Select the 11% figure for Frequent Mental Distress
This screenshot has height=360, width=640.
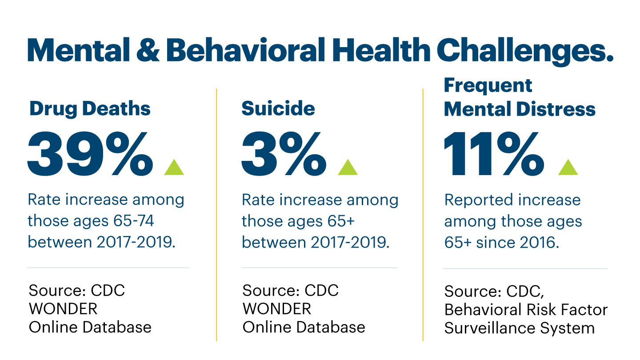(x=493, y=154)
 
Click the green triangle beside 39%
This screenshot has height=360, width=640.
(x=174, y=167)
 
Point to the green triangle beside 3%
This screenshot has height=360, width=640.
(x=348, y=167)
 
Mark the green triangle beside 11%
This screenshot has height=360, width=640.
(x=568, y=167)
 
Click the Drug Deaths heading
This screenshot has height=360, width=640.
(x=90, y=109)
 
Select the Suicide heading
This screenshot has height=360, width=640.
(x=278, y=109)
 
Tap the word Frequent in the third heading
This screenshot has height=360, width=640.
(x=488, y=85)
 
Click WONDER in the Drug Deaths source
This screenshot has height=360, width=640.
(x=63, y=308)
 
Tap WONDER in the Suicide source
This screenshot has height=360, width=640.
(x=276, y=308)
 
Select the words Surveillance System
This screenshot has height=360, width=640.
(x=519, y=328)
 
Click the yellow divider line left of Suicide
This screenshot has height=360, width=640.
(x=216, y=213)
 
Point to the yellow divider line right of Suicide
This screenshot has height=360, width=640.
(x=423, y=213)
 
